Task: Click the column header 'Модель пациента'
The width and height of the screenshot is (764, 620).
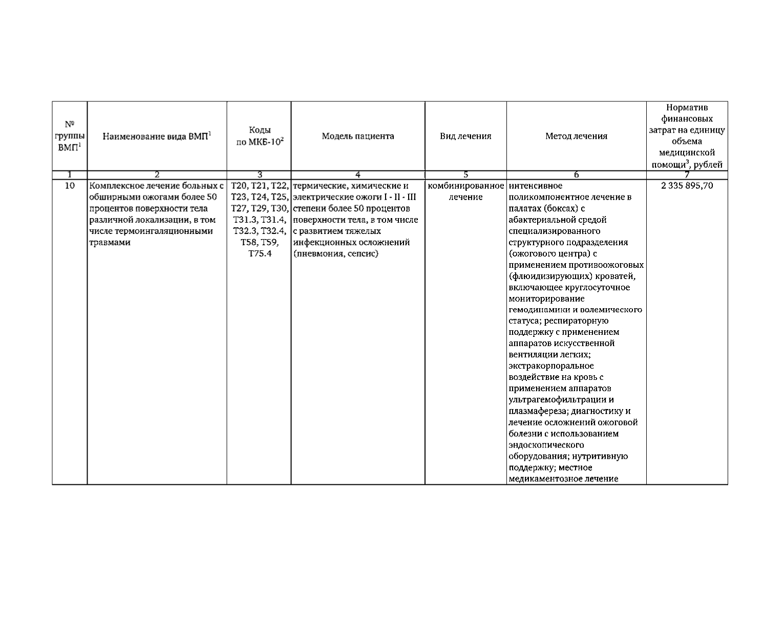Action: pos(358,136)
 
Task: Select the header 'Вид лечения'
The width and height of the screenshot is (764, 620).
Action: pos(465,136)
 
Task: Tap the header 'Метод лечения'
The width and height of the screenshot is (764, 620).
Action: pos(576,136)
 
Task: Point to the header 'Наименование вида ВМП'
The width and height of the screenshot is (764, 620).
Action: pos(157,136)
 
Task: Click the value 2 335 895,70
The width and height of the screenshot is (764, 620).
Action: pos(687,186)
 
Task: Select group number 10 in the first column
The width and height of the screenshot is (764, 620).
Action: pos(70,186)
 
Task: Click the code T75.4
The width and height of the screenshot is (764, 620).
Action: pos(260,253)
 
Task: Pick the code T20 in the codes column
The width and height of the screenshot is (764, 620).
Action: pos(239,186)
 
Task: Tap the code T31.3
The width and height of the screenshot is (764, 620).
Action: pos(243,220)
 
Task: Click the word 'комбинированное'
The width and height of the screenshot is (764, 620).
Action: pos(465,186)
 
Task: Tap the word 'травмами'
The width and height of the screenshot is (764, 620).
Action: pos(110,242)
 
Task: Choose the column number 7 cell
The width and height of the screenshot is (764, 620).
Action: pos(687,175)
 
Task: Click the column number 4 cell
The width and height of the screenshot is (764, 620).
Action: pos(358,175)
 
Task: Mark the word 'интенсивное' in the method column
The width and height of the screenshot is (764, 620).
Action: pos(536,186)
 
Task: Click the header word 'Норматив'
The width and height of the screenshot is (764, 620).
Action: pos(687,108)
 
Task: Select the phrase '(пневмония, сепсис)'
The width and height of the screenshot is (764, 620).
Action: pos(336,253)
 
